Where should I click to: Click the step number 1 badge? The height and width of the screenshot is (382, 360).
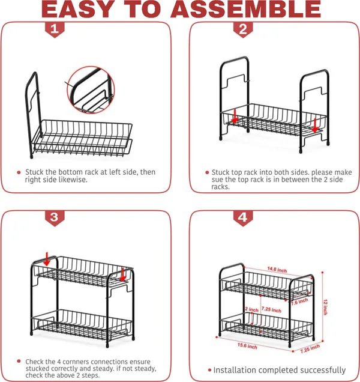tap(55, 29)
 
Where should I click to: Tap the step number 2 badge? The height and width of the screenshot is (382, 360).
tap(243, 29)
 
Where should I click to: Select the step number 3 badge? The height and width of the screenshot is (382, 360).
tap(55, 218)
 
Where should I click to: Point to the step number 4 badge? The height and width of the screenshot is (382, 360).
tap(243, 218)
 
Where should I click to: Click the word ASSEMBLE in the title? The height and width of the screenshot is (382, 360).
tap(245, 9)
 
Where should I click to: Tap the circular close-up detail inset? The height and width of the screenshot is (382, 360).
tap(91, 89)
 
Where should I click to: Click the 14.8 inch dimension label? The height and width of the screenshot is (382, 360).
tap(277, 270)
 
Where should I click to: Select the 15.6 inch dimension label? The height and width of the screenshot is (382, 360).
tap(247, 346)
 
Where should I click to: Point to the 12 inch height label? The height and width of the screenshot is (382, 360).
tap(325, 307)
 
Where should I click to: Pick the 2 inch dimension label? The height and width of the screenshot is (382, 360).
tap(251, 309)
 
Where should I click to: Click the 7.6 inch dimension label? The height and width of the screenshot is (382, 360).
tap(299, 302)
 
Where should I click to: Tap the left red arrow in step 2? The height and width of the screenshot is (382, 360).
tap(235, 117)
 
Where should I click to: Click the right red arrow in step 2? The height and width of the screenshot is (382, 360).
tap(315, 126)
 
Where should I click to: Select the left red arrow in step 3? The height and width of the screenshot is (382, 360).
tap(47, 259)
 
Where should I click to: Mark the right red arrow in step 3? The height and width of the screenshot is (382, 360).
tap(123, 274)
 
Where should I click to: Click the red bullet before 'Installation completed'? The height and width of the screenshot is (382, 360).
tap(209, 370)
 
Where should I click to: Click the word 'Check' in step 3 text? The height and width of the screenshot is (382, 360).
tap(34, 362)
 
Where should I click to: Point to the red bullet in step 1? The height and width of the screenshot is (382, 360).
tap(19, 172)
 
